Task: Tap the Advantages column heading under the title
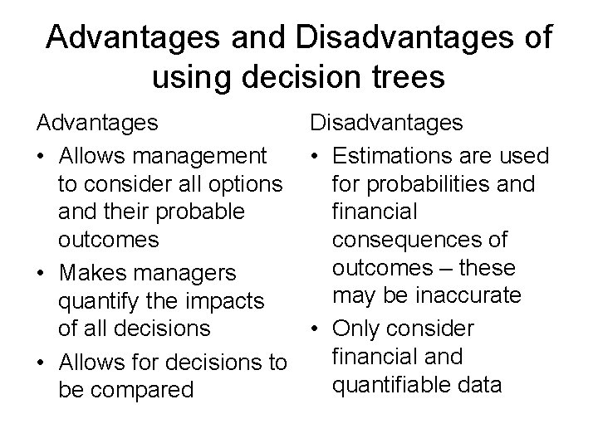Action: click(x=97, y=124)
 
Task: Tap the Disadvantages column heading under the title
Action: click(x=387, y=124)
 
